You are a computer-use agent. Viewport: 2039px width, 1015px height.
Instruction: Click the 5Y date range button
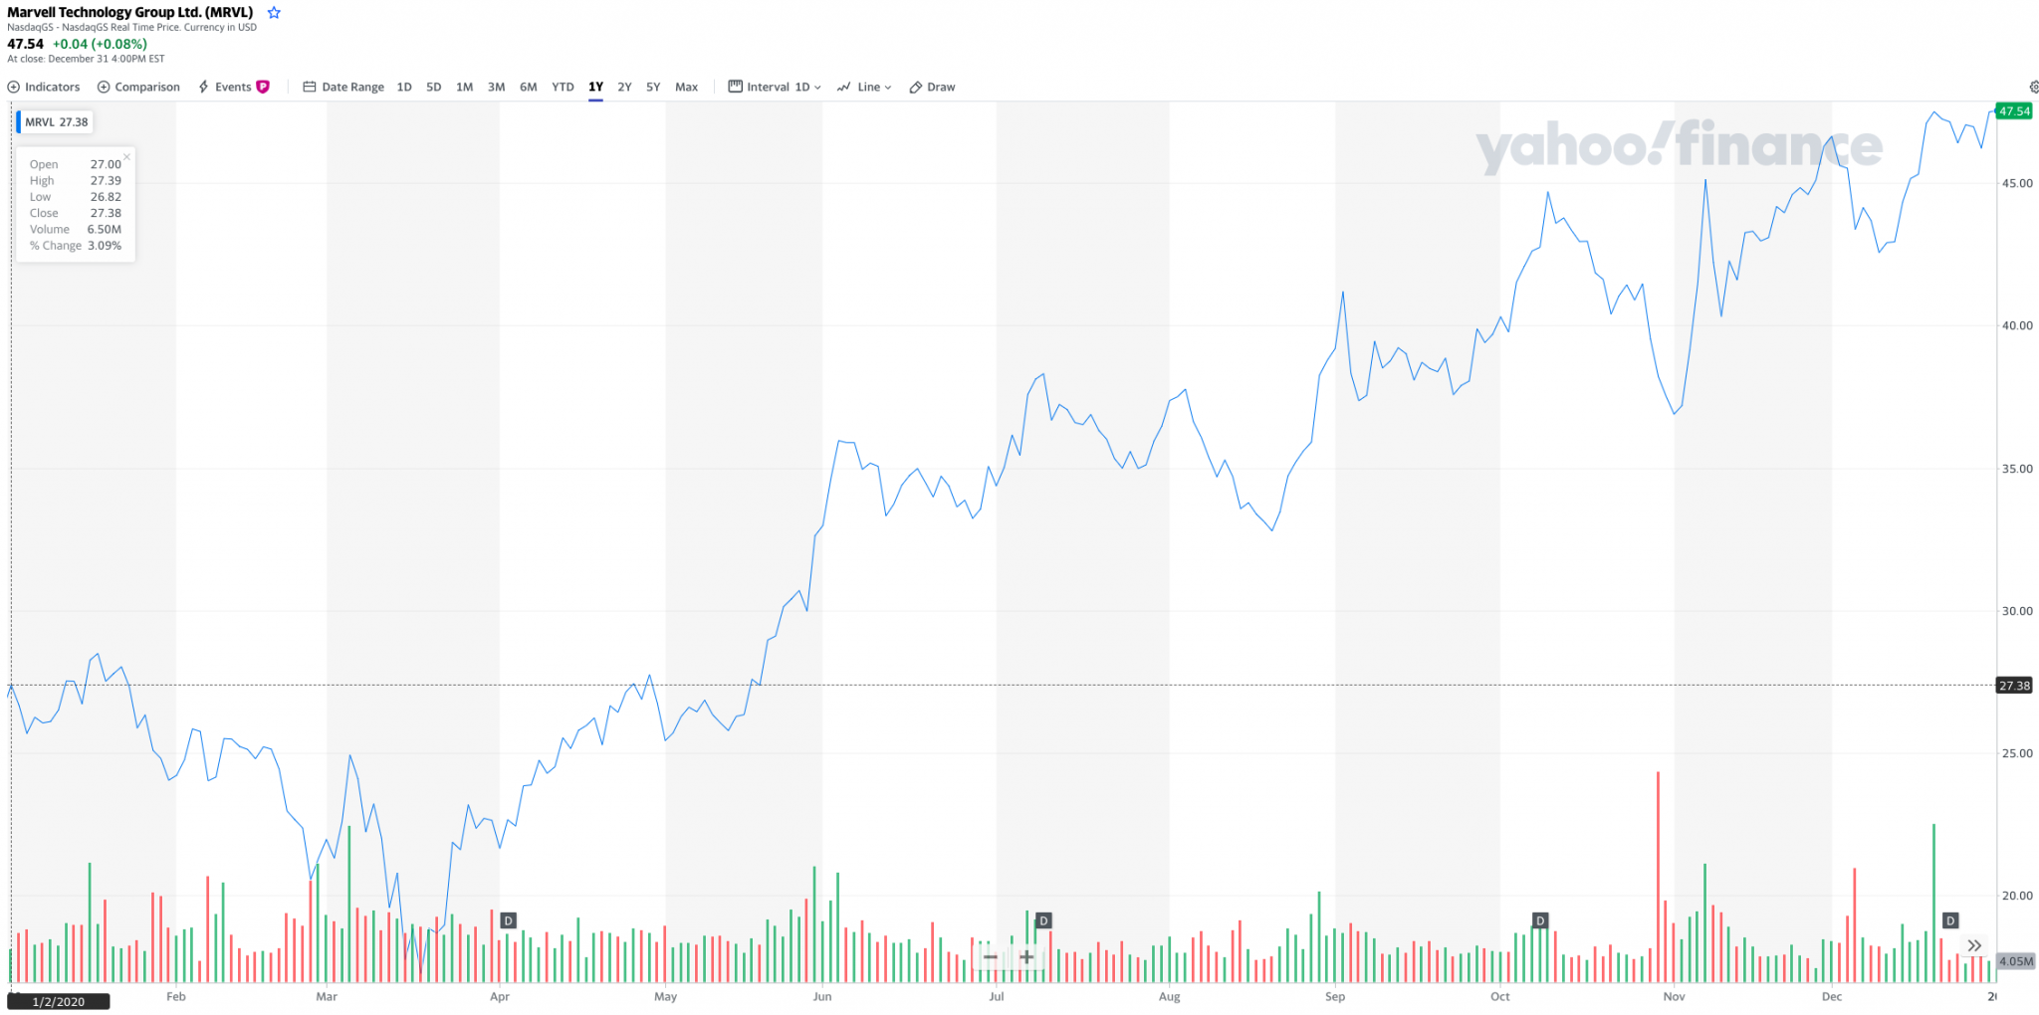click(x=653, y=87)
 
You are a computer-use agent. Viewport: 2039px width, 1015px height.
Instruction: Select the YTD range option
click(x=563, y=87)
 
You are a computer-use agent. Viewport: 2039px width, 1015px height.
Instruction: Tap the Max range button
click(x=686, y=87)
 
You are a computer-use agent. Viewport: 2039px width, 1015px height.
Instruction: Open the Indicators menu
click(x=44, y=87)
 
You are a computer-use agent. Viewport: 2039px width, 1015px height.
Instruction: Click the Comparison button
click(x=138, y=87)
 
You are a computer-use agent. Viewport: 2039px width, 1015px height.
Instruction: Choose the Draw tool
click(x=932, y=87)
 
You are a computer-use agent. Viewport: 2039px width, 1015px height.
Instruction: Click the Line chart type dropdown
click(x=864, y=87)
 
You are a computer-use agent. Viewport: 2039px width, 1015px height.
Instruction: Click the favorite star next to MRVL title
click(x=274, y=13)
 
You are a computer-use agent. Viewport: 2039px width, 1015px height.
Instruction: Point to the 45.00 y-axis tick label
click(x=2017, y=183)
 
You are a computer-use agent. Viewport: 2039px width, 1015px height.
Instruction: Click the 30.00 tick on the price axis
click(x=2017, y=611)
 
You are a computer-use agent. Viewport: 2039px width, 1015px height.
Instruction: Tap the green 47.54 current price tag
click(x=2014, y=111)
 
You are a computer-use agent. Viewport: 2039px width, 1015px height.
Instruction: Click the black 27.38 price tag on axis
click(x=2014, y=686)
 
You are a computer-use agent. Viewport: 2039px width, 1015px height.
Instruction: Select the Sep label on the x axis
click(x=1335, y=996)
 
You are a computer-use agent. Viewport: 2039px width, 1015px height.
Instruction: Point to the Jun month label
click(x=822, y=996)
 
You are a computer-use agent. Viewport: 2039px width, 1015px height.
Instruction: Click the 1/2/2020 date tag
click(x=59, y=1002)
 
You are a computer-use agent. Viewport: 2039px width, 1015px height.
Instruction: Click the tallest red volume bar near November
click(x=1658, y=876)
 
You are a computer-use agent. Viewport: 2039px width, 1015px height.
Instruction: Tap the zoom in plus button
click(x=1026, y=957)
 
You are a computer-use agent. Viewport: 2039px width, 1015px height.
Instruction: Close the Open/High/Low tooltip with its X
click(x=126, y=157)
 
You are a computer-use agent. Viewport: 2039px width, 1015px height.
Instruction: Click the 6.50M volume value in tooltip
click(x=104, y=229)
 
